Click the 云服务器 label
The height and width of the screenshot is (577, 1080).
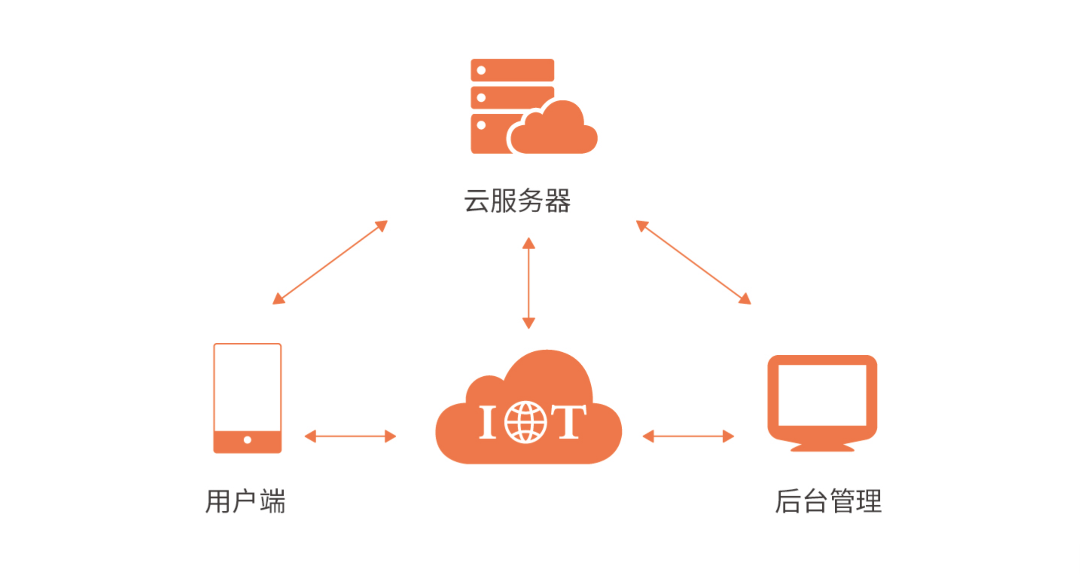tap(517, 201)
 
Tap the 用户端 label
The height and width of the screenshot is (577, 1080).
tap(245, 501)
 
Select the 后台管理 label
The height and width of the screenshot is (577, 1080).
tap(828, 501)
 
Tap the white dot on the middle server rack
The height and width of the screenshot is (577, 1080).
tap(481, 98)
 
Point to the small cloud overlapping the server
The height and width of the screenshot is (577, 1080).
tap(555, 131)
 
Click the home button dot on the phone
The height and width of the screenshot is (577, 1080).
tap(247, 440)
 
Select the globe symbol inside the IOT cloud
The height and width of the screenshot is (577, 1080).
tap(525, 422)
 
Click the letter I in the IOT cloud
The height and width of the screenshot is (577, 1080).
tap(488, 422)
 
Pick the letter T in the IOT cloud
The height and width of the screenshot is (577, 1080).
tap(569, 422)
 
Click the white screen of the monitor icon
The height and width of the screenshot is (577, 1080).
tap(822, 395)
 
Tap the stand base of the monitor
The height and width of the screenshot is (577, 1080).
tap(822, 448)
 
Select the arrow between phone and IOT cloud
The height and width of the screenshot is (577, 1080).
tap(350, 436)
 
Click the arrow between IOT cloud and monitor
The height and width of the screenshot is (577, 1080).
tap(688, 436)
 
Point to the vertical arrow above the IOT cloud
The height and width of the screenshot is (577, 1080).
tap(529, 283)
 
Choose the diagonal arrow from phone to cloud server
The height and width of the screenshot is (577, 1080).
tap(330, 262)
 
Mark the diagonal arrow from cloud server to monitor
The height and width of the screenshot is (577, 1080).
tap(694, 262)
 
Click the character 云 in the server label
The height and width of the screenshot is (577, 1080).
tap(476, 201)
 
